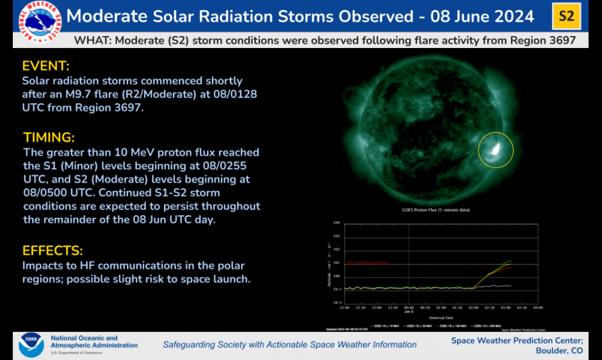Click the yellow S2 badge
tap(566, 16)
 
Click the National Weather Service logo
tap(40, 24)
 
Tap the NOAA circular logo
tap(31, 345)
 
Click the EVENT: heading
tap(45, 66)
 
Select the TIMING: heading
tap(49, 138)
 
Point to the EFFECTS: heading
tap(53, 250)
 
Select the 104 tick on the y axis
tap(336, 224)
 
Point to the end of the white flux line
tap(511, 285)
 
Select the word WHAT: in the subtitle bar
tap(93, 40)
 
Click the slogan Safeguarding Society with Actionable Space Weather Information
tap(289, 345)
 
